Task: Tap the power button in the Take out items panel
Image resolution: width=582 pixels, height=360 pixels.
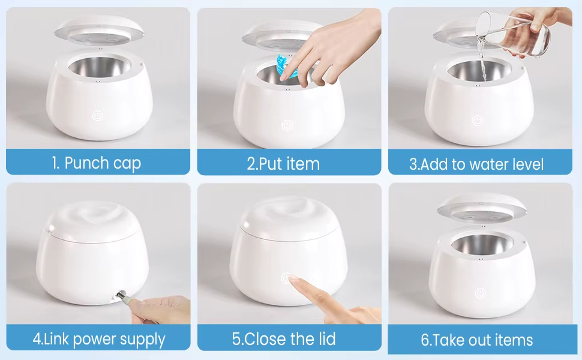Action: click(x=480, y=293)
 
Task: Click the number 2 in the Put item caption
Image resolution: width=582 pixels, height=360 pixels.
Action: click(x=251, y=164)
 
